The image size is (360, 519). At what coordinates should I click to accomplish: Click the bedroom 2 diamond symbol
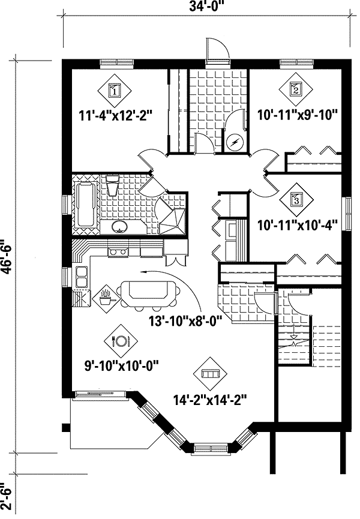tap(295, 89)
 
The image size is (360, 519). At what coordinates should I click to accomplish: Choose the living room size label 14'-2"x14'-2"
tap(211, 397)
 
